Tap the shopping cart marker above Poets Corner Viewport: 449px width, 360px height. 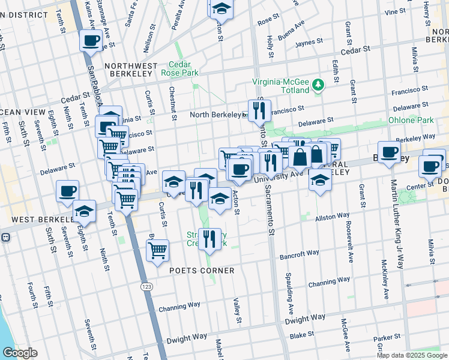coord(157,250)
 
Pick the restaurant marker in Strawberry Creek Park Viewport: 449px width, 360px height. coord(209,238)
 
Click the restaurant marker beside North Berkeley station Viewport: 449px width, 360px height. coord(260,110)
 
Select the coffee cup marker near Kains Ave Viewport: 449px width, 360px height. coord(91,41)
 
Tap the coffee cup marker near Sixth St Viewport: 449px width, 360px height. coord(67,191)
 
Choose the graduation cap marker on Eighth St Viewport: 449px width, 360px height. coord(85,211)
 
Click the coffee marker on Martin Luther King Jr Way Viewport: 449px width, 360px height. coord(389,152)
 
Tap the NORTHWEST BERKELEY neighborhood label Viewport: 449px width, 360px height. coord(131,66)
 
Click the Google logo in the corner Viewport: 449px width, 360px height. coord(19,353)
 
